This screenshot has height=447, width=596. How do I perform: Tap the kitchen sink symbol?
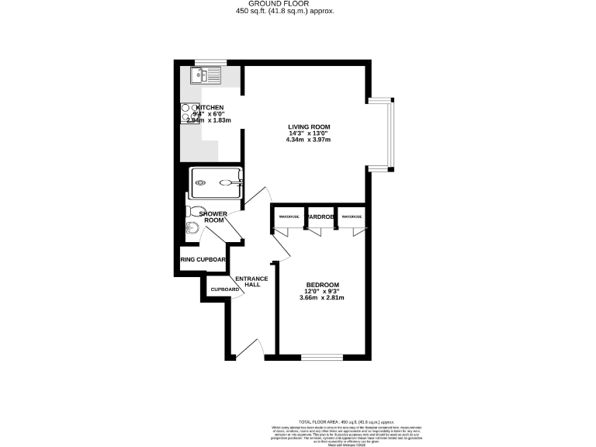pos(204,74)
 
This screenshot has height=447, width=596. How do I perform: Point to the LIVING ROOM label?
pos(309,126)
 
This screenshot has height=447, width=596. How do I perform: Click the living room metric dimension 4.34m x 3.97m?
pos(308,140)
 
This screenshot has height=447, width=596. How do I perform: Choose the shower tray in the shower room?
pos(217,183)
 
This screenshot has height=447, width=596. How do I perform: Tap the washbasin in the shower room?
pos(191,227)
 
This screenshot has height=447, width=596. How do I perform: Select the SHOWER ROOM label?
pos(213,217)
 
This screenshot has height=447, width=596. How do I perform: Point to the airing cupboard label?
pos(203,260)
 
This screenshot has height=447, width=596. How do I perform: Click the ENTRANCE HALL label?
pos(251,282)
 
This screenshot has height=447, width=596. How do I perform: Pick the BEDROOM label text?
pos(322,285)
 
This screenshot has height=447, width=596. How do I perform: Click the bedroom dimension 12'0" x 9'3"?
pos(322,291)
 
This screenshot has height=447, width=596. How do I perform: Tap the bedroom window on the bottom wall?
pos(322,357)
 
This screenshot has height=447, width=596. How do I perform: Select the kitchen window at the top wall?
pos(210,62)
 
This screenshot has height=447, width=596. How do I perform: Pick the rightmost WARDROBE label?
pos(351,217)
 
